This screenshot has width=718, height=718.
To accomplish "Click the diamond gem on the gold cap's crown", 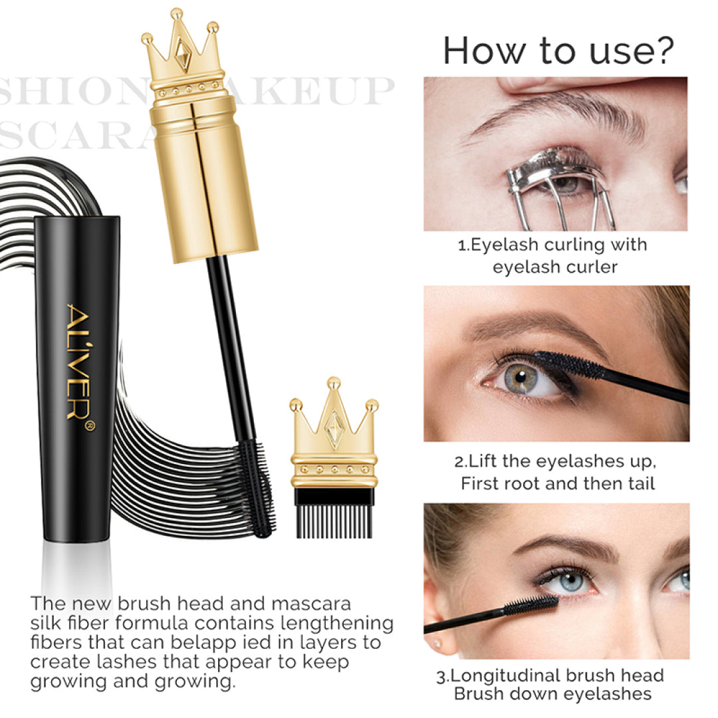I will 182,53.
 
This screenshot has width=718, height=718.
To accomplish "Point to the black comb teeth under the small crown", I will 334,515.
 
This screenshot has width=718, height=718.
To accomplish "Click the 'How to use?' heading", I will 558,51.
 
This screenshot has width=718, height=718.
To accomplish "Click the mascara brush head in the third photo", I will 532,606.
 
